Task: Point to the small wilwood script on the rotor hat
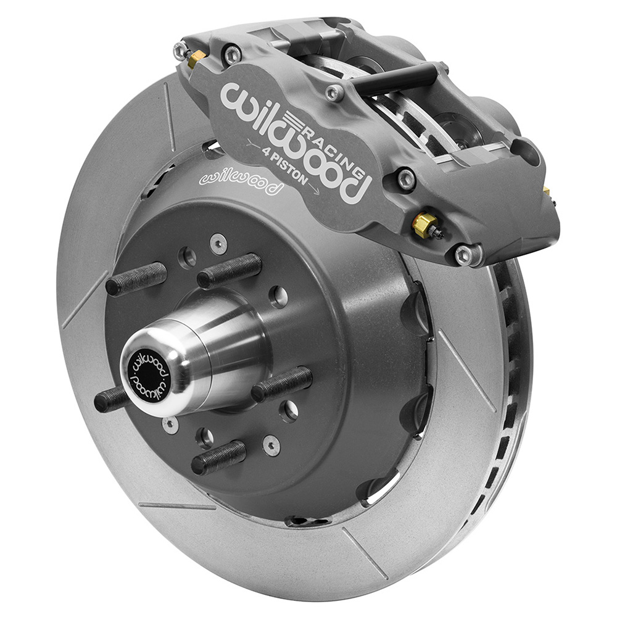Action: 241,182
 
